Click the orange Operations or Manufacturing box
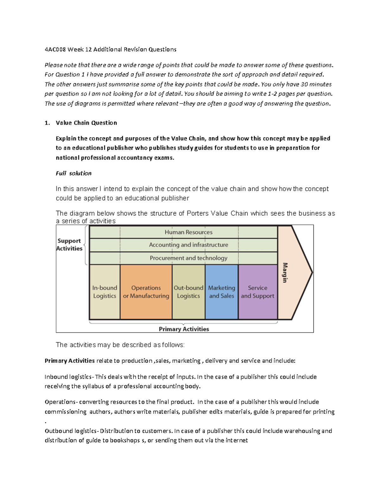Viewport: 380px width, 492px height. click(x=146, y=292)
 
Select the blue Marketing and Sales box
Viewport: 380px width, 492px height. click(x=221, y=292)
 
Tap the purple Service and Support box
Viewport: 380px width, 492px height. click(x=257, y=292)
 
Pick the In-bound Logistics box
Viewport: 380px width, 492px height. click(x=104, y=292)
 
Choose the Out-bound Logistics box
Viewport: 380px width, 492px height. click(x=188, y=292)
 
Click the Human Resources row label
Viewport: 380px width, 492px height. click(x=188, y=232)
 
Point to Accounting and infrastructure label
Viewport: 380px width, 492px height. click(x=188, y=245)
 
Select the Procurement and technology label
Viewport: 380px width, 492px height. click(x=188, y=258)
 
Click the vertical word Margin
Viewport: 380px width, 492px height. click(x=285, y=272)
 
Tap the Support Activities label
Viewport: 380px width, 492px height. click(x=69, y=245)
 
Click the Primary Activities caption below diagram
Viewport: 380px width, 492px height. click(x=184, y=329)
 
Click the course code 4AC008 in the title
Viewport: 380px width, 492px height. click(x=55, y=49)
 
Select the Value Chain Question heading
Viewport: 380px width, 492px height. click(x=86, y=123)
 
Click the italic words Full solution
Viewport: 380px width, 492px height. click(x=73, y=173)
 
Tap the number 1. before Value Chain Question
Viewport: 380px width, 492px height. click(x=47, y=123)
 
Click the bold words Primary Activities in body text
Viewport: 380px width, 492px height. click(x=70, y=361)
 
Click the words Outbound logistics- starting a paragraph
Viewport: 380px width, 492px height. click(x=72, y=431)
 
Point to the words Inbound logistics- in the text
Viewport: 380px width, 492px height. click(x=69, y=377)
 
